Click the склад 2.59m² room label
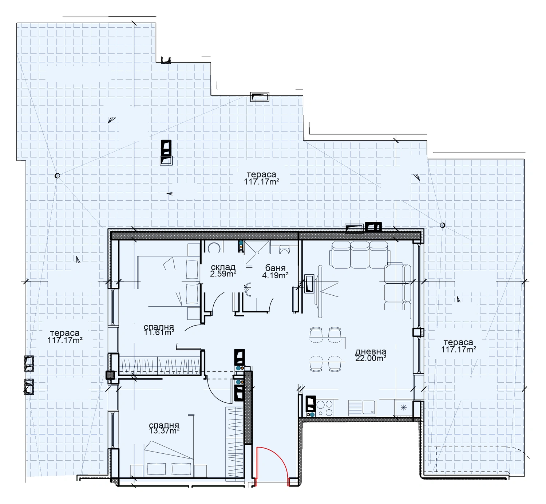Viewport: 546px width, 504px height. coord(223,271)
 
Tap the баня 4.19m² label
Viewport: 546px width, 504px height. coord(275,272)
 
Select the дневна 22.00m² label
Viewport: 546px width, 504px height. coord(371,355)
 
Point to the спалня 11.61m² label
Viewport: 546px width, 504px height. coord(159,330)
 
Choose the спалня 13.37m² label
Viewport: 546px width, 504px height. coord(164,428)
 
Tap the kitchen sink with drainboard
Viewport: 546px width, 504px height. coord(362,408)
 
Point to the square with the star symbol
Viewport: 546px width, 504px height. coord(404,408)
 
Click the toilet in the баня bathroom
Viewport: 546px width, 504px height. coord(284,249)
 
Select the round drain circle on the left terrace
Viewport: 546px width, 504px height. coord(58,175)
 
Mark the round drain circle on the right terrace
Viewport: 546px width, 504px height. coord(442,225)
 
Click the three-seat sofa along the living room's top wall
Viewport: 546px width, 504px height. coord(360,255)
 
